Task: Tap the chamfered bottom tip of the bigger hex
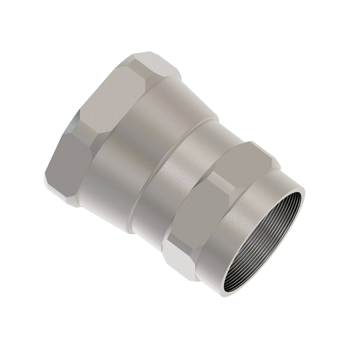pyautogui.click(x=60, y=192)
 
